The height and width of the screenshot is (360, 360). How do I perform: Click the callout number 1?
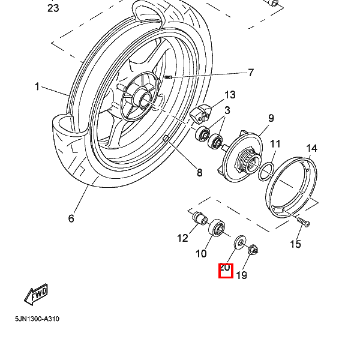pos(37,87)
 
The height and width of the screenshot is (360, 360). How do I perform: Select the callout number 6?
pos(71,218)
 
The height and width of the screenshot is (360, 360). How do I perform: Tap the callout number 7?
pos(251,73)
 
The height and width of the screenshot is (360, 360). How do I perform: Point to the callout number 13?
pos(230,95)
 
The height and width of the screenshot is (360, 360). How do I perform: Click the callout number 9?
pos(271,118)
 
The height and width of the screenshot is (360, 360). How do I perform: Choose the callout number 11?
pos(275,144)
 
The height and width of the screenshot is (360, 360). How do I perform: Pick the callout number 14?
pos(311,149)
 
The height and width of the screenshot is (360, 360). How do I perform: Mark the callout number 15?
pos(295,244)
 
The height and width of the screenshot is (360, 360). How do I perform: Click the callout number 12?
pos(182,238)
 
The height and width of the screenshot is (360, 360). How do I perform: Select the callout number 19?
pos(241,275)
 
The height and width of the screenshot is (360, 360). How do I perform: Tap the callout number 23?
pos(53,8)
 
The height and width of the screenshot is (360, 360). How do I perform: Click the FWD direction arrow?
pos(35,295)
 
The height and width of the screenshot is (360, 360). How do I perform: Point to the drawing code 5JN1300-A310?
pos(37,319)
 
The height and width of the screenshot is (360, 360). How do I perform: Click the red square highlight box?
pos(225,271)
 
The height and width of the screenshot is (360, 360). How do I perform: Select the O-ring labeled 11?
pos(266,173)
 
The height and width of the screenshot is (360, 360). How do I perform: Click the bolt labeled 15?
pos(302,223)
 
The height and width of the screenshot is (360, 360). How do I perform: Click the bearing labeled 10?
pos(217,229)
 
